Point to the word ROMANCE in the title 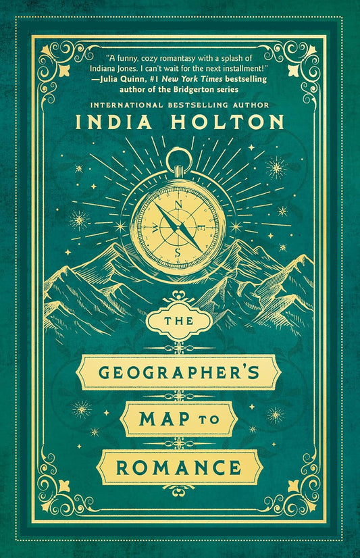point(180,465)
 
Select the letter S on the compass point(178,252)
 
